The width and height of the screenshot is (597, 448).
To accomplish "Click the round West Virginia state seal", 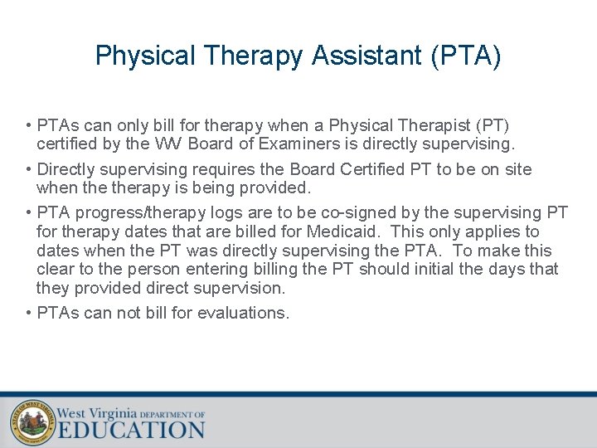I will click(x=32, y=421).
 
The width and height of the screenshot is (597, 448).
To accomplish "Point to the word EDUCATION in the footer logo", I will click(x=131, y=430).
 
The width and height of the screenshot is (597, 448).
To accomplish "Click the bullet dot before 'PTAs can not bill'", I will click(x=29, y=313).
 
